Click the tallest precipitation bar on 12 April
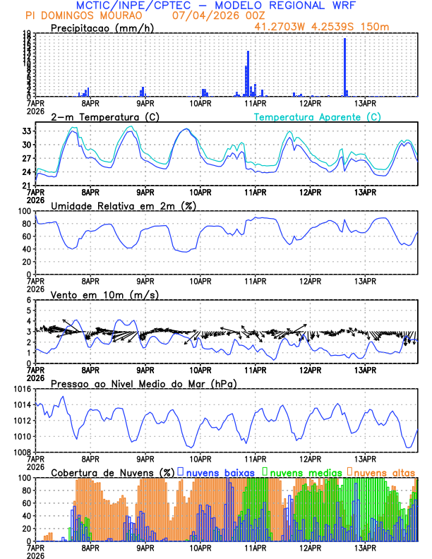[x=344, y=67]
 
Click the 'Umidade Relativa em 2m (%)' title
[x=123, y=205]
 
